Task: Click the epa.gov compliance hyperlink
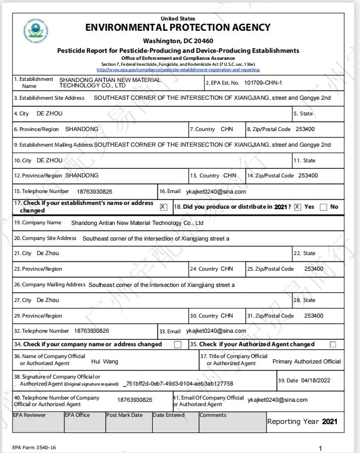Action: pos(178,70)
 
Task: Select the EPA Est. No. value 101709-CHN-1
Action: pos(263,83)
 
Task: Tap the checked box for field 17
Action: pos(164,207)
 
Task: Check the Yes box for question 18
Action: pos(297,207)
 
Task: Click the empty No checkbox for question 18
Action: pos(323,207)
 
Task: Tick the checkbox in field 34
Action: pos(178,345)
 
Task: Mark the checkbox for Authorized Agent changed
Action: pos(333,345)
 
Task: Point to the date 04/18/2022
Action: pos(316,380)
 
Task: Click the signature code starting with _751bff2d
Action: pos(178,383)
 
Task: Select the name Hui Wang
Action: pos(104,361)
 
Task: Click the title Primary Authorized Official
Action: pos(307,361)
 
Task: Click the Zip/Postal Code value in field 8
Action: pos(307,129)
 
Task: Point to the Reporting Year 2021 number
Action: pos(329,421)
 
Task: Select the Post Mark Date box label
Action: pos(125,415)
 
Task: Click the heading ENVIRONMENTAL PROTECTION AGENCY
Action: pos(178,28)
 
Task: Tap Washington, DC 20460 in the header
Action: pos(178,41)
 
